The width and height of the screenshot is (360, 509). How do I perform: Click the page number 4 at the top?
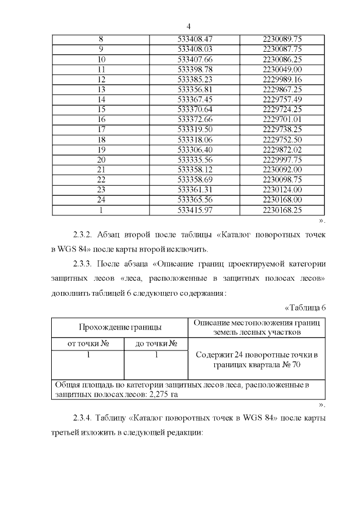pos(188,26)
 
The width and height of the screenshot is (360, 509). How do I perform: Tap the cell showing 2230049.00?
pos(282,69)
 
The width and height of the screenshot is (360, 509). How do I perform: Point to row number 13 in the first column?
pos(101,89)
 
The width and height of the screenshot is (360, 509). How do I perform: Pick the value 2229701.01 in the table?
pos(282,119)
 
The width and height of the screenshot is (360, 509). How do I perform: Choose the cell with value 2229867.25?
pos(282,89)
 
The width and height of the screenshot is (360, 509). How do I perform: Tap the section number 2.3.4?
pos(85,419)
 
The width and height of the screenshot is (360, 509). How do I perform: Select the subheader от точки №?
pos(88,344)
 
